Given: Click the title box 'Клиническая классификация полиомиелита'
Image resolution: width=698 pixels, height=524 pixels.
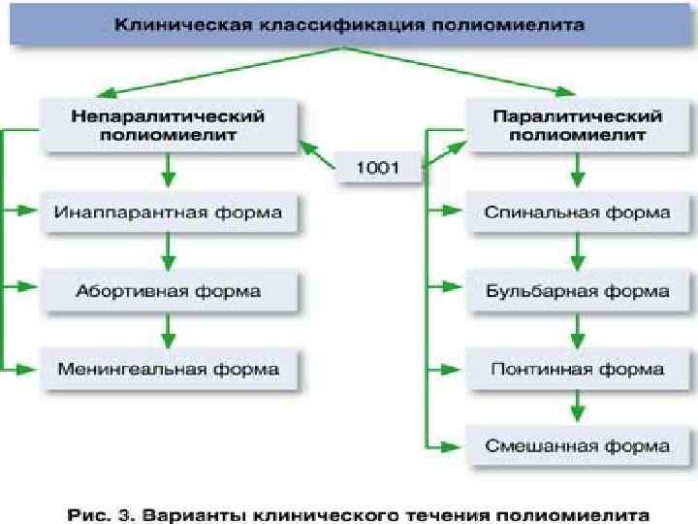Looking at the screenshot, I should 349,25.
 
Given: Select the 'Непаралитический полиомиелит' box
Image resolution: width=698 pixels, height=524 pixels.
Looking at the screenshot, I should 168,125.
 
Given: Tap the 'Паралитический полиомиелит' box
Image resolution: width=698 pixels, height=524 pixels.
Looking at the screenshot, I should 578,125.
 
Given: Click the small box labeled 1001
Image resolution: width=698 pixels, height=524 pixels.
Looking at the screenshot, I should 378,168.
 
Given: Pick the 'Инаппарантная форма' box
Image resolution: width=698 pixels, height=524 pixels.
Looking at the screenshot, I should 168,212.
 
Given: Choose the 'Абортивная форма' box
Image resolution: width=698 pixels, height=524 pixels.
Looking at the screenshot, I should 168,290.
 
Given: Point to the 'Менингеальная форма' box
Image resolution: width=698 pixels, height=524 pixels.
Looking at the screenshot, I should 168,369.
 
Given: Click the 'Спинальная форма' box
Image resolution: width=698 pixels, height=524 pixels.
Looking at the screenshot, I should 578,212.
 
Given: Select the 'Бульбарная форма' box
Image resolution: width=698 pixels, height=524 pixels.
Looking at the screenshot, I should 578,290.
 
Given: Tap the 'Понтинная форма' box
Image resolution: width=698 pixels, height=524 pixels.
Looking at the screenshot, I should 578,369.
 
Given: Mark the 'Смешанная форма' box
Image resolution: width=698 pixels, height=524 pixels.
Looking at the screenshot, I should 578,446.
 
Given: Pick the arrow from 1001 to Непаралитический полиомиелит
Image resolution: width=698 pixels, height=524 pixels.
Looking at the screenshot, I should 318,155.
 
